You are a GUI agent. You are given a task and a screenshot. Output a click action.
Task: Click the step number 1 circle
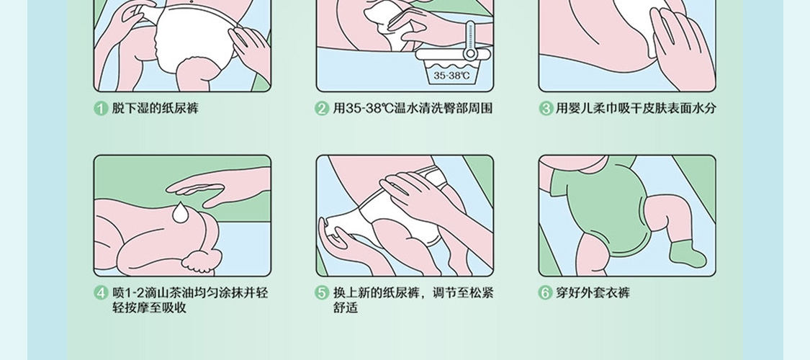(101, 109)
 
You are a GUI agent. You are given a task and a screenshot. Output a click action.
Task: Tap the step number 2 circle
(323, 109)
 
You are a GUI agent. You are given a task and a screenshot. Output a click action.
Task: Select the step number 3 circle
(546, 109)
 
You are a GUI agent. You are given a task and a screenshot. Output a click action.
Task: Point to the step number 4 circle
(101, 293)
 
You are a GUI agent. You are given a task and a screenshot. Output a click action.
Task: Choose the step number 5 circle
(323, 293)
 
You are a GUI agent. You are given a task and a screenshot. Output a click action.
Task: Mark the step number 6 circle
(546, 293)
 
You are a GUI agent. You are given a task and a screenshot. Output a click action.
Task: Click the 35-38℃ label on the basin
(451, 76)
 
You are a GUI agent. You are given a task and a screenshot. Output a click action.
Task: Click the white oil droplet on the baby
(180, 213)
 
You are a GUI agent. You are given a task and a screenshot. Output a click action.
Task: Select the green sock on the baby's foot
(687, 253)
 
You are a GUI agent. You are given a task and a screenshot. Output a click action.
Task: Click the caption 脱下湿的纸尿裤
(155, 109)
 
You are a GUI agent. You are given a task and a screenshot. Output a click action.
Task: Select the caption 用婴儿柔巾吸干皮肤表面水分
(636, 109)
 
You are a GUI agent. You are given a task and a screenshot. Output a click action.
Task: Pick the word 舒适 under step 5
(346, 308)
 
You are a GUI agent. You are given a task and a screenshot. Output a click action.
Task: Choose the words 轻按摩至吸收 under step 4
(149, 308)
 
